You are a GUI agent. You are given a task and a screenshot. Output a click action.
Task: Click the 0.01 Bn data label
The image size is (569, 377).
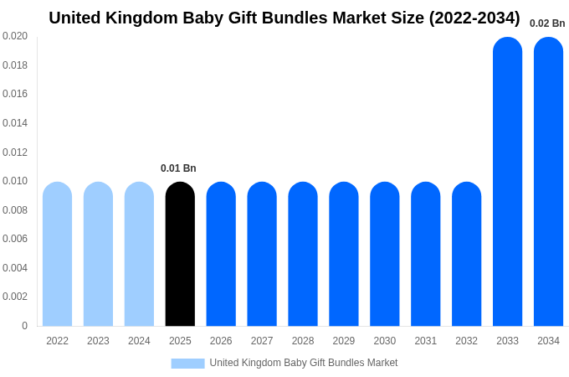[x=178, y=168]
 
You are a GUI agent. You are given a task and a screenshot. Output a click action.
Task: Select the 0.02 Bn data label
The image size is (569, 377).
[x=547, y=23]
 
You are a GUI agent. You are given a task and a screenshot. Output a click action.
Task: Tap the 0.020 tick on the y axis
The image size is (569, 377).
[x=15, y=36]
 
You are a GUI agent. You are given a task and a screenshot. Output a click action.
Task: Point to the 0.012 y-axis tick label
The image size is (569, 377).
[x=15, y=152]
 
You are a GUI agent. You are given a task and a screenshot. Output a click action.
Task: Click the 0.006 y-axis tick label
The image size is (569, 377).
[x=15, y=239]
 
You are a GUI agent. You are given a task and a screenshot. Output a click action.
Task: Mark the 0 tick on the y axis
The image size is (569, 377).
[x=24, y=326]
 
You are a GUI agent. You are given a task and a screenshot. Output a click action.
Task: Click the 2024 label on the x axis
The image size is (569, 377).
[x=139, y=341]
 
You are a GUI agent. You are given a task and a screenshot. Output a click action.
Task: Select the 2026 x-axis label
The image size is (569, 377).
[x=221, y=341]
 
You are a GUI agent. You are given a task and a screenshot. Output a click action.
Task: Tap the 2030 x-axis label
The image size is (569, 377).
[x=385, y=341]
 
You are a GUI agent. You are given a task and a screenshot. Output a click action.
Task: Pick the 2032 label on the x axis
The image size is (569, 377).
[x=466, y=341]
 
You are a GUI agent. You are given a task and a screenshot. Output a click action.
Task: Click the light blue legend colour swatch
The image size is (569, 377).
[x=187, y=364]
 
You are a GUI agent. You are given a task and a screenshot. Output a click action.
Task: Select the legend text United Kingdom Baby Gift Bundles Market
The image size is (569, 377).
[x=304, y=363]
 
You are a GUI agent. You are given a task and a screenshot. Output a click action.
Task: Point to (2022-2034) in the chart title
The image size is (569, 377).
[x=474, y=18]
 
